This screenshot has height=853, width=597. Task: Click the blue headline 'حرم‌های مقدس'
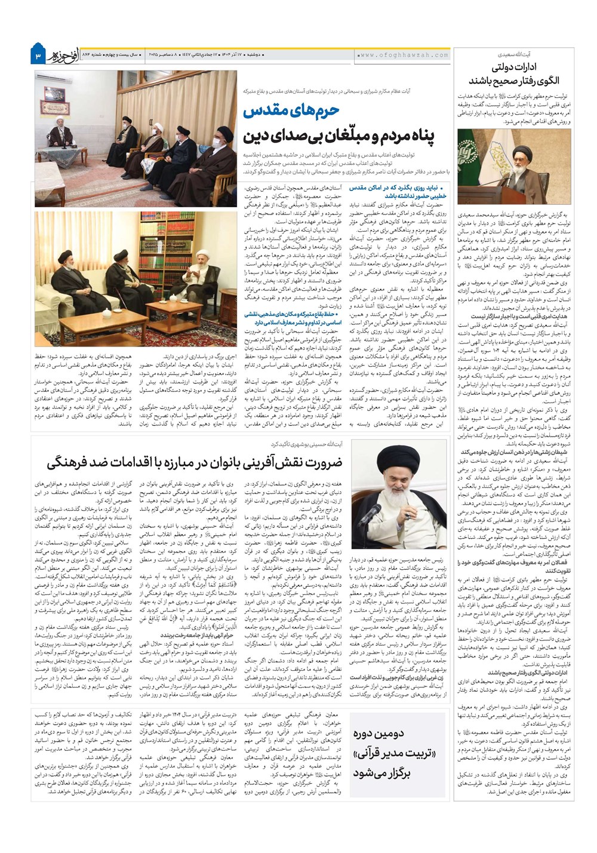pyautogui.click(x=284, y=111)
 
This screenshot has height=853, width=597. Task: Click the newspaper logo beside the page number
pyautogui.click(x=64, y=56)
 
